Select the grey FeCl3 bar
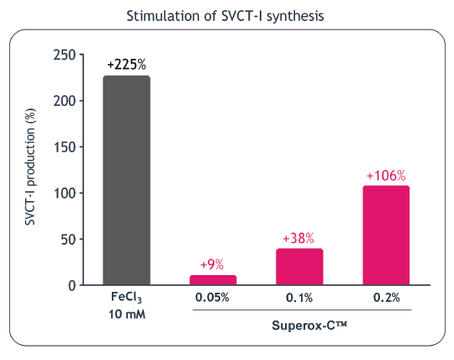pos(127,180)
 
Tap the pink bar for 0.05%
pos(213,280)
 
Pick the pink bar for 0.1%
pos(299,267)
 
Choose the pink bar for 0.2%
pos(386,236)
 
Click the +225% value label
pos(127,65)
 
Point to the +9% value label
pos(211,263)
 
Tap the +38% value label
pos(298,238)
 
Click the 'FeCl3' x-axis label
pos(127,298)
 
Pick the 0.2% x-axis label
pos(386,298)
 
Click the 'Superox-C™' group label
pos(300,325)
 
